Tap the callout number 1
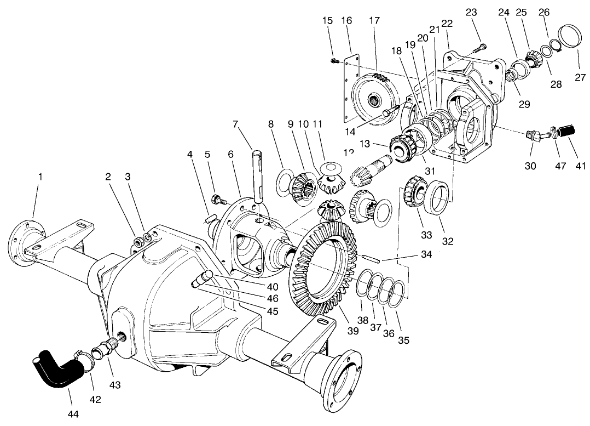coord(40,177)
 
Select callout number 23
coord(472,12)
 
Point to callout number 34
coord(427,254)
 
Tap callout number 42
coord(95,400)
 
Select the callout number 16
coord(346,20)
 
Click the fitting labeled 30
coord(533,135)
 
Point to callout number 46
coord(272,299)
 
